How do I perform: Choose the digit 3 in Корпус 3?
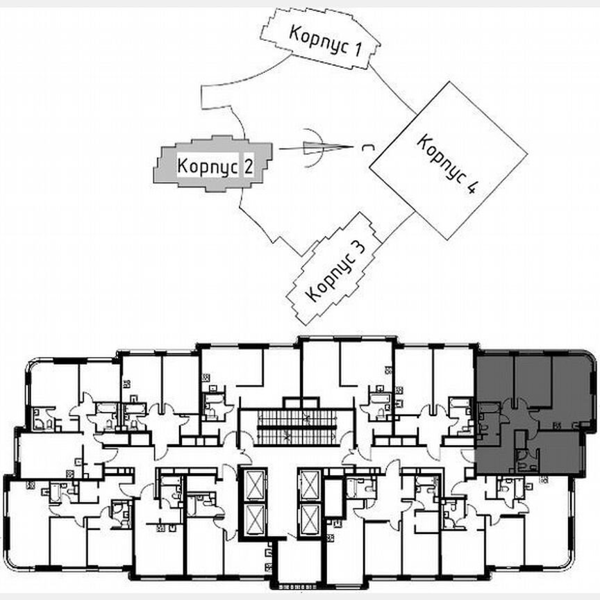coord(357,247)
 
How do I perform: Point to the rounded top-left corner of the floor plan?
coord(31,364)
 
